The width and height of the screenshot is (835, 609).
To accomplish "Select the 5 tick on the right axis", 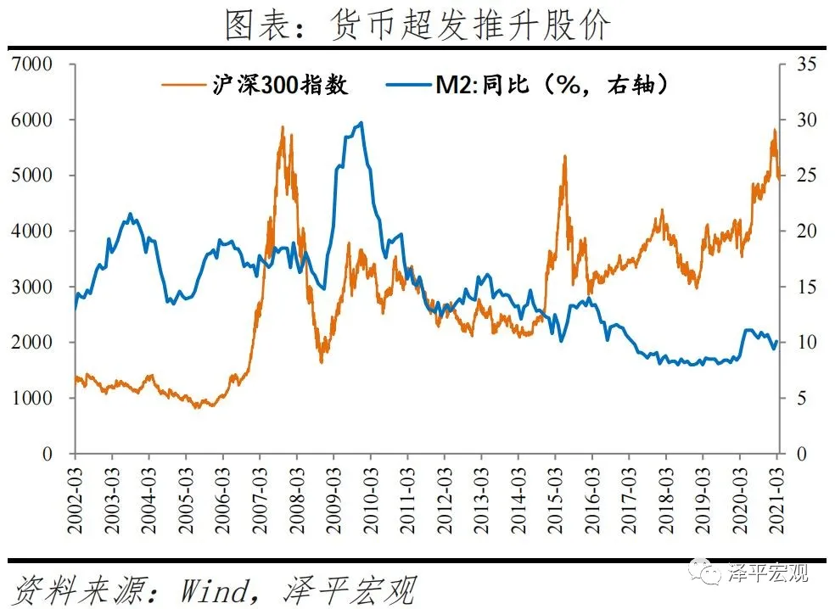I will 802,398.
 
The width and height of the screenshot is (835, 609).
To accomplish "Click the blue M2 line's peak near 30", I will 361,122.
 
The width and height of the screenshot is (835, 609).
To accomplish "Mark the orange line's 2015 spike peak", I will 564,156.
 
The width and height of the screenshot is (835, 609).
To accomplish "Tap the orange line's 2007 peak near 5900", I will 282,127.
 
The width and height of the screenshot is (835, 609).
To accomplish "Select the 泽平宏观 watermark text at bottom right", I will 768,573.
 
